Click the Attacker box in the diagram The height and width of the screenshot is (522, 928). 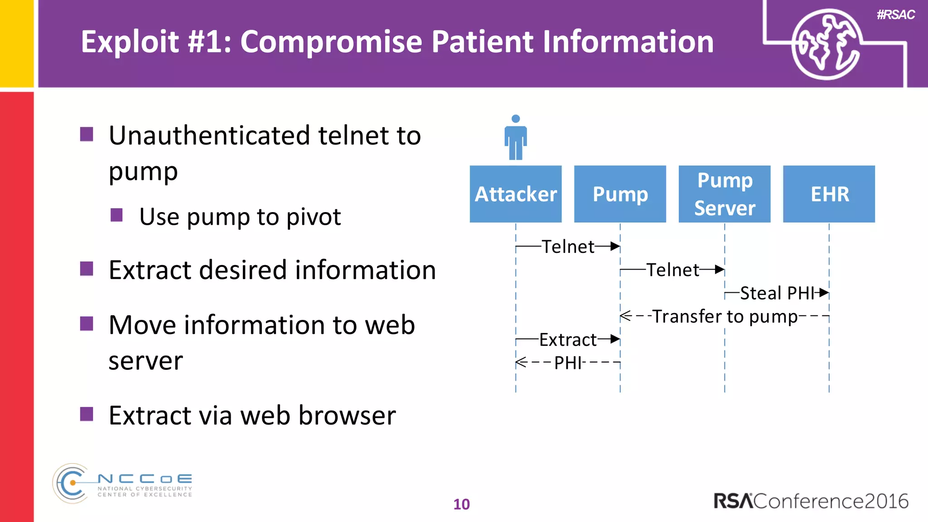click(x=516, y=194)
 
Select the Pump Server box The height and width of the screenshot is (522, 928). click(x=724, y=194)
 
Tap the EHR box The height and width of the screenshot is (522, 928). click(x=829, y=194)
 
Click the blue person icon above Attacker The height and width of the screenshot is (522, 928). click(x=516, y=138)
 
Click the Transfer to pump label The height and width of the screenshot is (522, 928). click(x=725, y=316)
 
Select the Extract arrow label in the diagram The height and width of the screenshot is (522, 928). click(x=568, y=339)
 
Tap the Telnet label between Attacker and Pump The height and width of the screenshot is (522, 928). click(x=568, y=246)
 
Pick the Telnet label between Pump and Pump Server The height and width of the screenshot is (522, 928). click(x=672, y=270)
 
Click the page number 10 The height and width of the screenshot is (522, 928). click(x=461, y=504)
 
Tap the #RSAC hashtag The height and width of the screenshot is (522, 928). click(x=895, y=14)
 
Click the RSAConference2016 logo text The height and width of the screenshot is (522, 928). click(x=811, y=501)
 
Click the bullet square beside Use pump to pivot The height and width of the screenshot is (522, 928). click(x=117, y=215)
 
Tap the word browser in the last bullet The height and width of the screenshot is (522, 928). click(x=347, y=415)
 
